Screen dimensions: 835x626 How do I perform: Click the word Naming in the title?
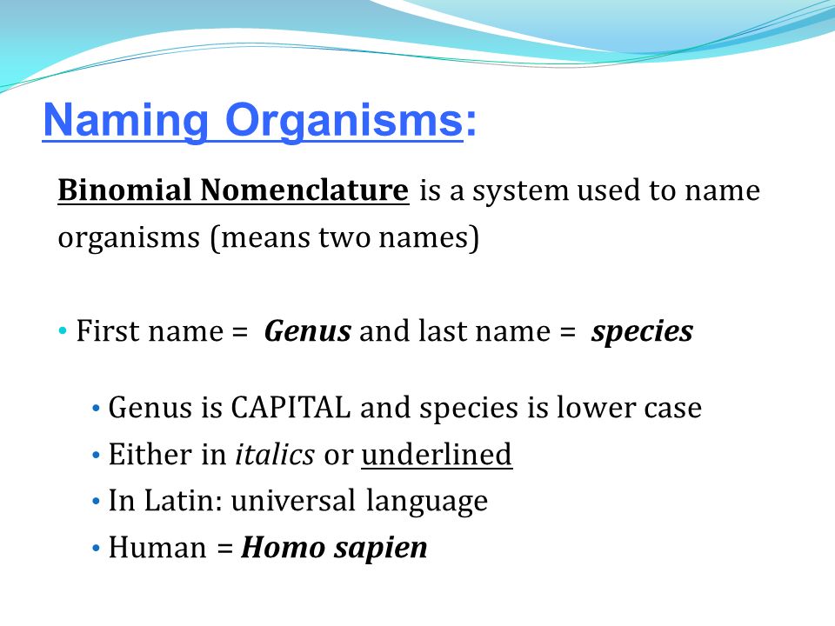click(125, 122)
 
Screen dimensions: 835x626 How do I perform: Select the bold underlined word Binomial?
click(124, 190)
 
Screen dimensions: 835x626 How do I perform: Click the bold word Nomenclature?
click(304, 190)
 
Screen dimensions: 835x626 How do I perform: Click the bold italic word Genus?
click(308, 331)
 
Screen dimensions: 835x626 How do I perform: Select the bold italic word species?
click(642, 333)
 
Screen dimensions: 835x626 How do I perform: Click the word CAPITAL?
click(291, 408)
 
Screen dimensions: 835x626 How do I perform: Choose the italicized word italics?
click(275, 455)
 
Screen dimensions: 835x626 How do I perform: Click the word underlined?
click(437, 455)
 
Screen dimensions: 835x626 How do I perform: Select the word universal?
click(293, 501)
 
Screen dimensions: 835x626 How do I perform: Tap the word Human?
click(157, 548)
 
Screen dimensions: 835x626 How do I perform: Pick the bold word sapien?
click(381, 549)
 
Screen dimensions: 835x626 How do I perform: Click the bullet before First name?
click(63, 331)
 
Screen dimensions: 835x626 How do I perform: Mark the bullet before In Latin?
click(96, 502)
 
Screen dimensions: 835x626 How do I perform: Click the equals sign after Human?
click(225, 549)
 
